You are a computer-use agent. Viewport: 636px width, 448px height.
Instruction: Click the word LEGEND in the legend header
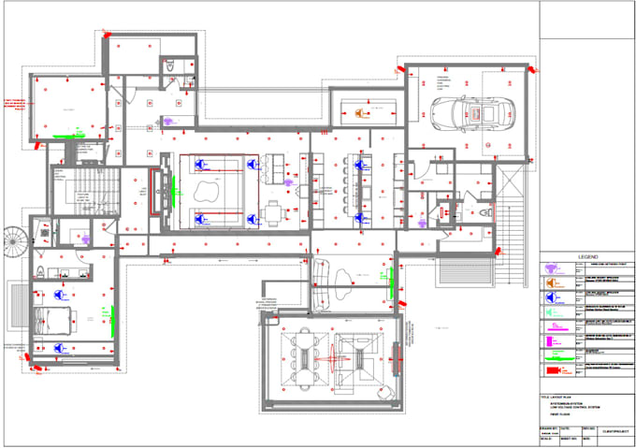(x=586, y=255)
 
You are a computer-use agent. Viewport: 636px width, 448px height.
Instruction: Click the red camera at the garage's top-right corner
(x=529, y=68)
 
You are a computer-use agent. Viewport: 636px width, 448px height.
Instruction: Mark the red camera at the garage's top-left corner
(x=404, y=68)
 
